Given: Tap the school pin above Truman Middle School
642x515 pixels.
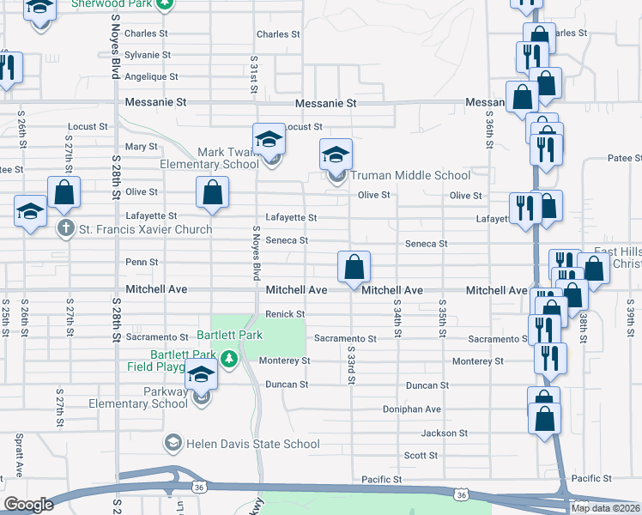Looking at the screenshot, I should pyautogui.click(x=336, y=155).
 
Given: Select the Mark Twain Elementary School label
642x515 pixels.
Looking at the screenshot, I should pyautogui.click(x=209, y=158).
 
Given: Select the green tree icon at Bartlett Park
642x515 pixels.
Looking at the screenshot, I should pyautogui.click(x=228, y=357).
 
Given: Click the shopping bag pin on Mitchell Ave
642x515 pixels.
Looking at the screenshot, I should pyautogui.click(x=354, y=268).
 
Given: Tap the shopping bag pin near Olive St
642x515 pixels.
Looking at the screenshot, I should pyautogui.click(x=213, y=194).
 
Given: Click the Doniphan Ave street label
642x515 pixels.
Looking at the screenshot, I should pyautogui.click(x=412, y=409).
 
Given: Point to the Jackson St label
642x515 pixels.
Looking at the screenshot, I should pyautogui.click(x=445, y=433).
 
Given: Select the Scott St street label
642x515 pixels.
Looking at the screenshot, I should pyautogui.click(x=421, y=456).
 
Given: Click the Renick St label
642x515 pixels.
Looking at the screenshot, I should pyautogui.click(x=285, y=313).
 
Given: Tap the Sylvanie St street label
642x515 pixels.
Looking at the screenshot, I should pyautogui.click(x=148, y=54).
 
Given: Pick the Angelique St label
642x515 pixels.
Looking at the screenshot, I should pyautogui.click(x=151, y=76).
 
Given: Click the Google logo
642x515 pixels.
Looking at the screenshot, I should pyautogui.click(x=28, y=505).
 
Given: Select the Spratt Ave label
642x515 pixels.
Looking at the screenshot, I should pyautogui.click(x=18, y=455).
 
